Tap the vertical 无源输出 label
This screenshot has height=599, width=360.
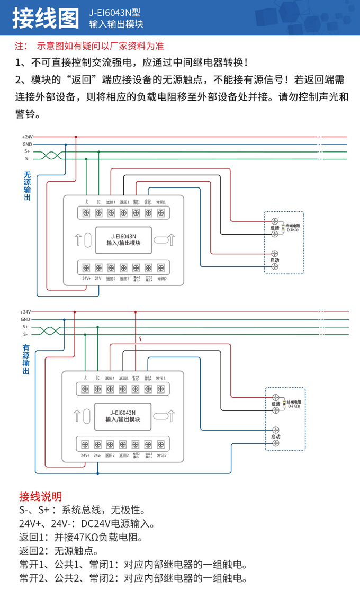pos(28,186)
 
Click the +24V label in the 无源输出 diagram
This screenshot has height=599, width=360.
pos(27,137)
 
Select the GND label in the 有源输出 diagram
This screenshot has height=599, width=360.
pos(25,319)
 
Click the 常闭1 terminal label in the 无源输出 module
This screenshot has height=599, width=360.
pos(161,202)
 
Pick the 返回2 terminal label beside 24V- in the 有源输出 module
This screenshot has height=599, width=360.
pos(110,455)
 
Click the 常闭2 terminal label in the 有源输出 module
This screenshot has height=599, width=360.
pos(161,455)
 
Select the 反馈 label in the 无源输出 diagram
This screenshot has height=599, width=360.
pos(274,228)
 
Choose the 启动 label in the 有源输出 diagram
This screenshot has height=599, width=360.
pos(275,436)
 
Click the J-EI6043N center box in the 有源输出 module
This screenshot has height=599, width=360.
pos(123,416)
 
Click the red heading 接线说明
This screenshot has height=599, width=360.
pos(40,496)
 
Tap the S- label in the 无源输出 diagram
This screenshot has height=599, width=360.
pos(27,158)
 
